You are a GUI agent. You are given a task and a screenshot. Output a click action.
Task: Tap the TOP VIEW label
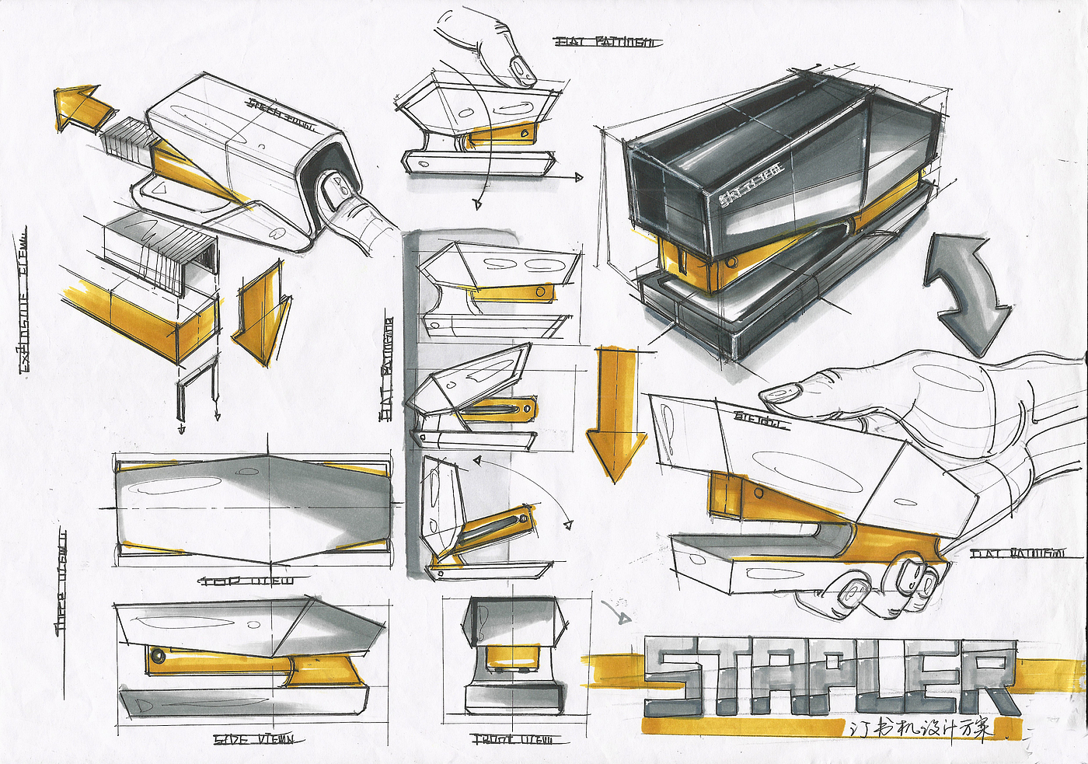point(247,581)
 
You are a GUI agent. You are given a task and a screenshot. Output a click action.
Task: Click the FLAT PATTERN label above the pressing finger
point(608,42)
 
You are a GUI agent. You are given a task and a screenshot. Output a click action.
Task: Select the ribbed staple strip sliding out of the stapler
point(127,141)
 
